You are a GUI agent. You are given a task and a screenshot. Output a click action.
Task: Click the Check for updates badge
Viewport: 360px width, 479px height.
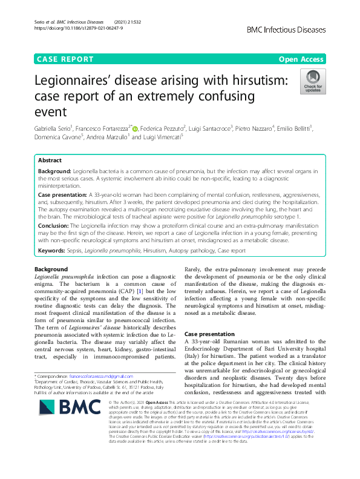pos(313,82)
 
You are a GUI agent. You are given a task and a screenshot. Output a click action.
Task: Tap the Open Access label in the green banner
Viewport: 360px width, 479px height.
pos(301,59)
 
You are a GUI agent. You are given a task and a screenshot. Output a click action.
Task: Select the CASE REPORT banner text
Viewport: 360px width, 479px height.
pos(65,59)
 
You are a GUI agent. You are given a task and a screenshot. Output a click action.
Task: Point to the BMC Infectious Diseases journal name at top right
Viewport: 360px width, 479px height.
pos(286,28)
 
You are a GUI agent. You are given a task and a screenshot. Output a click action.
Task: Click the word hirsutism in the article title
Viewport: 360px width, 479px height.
pos(249,81)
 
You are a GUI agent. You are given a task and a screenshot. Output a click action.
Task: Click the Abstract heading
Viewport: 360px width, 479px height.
pos(50,160)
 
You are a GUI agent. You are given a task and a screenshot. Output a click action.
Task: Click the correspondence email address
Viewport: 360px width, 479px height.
pos(107,375)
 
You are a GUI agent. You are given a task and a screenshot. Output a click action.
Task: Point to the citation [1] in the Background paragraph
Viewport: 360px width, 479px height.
pos(122,292)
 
